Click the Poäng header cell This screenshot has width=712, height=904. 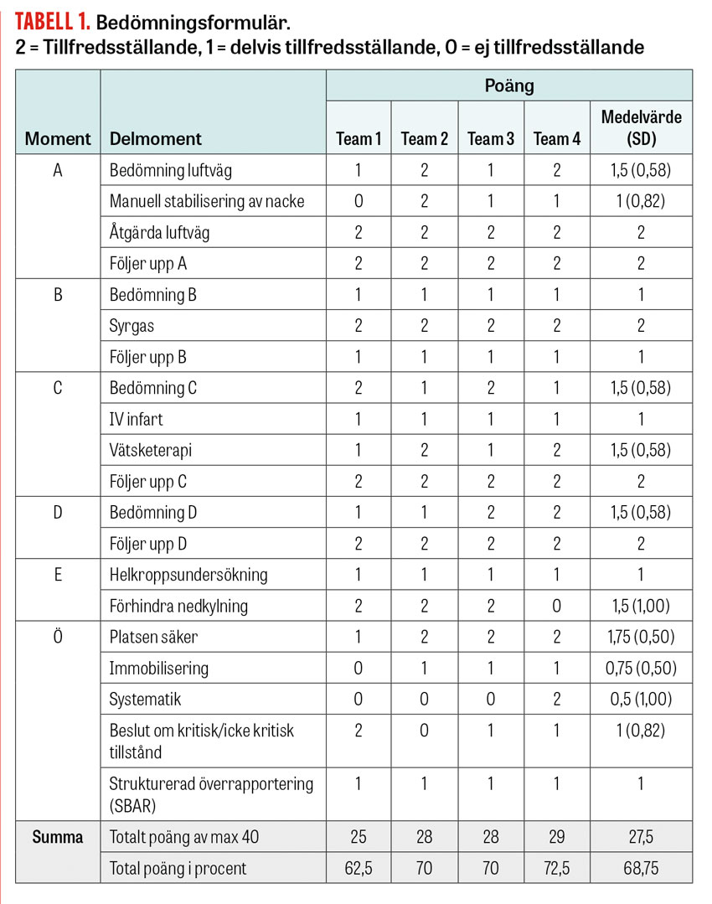pos(508,85)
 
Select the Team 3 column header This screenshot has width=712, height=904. pos(491,138)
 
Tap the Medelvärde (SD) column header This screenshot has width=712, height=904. pos(641,127)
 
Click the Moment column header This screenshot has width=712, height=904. pos(58,138)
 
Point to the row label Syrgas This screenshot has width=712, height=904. pos(132,326)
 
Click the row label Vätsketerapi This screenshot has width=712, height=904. pos(151,450)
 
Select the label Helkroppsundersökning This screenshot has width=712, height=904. pos(188,575)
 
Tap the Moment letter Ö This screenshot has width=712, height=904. pos(58,637)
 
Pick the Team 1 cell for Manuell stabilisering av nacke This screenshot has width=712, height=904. pos(359,201)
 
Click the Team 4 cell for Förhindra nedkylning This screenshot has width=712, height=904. pos(557,606)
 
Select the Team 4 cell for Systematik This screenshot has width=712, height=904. pos(557,699)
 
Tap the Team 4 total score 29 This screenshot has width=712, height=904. pos(557,837)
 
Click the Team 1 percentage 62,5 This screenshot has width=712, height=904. pos(359,868)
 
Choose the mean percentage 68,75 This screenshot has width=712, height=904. pos(641,868)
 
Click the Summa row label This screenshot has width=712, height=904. pos(58,837)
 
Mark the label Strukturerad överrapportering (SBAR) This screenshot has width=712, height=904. pos(211,794)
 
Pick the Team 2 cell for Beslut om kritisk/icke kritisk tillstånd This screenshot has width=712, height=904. pos(425,731)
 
